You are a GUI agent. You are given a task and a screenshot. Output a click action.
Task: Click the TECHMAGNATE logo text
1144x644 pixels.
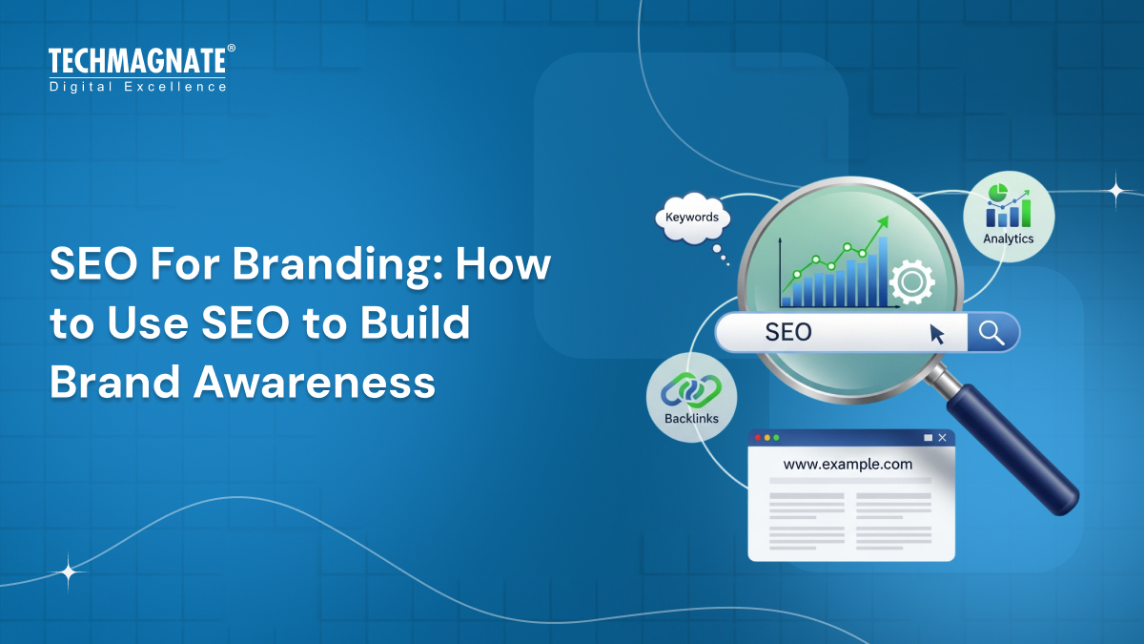pyautogui.click(x=137, y=63)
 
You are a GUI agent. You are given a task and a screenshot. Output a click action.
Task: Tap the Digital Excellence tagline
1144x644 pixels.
pyautogui.click(x=137, y=87)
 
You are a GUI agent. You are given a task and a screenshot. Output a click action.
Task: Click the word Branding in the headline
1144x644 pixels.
pyautogui.click(x=321, y=264)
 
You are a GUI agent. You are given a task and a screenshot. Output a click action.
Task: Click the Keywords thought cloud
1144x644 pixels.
pyautogui.click(x=692, y=218)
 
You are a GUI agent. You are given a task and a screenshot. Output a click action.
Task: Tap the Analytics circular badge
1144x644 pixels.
pyautogui.click(x=1008, y=217)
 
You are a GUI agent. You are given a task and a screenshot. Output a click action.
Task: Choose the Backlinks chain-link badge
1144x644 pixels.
pyautogui.click(x=691, y=397)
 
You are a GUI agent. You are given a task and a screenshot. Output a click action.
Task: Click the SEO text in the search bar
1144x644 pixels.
pyautogui.click(x=788, y=332)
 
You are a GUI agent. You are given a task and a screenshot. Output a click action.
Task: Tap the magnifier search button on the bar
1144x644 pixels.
pyautogui.click(x=992, y=332)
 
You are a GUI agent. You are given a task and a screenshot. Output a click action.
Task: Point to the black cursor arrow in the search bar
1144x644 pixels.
pyautogui.click(x=937, y=333)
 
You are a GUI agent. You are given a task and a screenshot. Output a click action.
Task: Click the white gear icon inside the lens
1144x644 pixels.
pyautogui.click(x=910, y=282)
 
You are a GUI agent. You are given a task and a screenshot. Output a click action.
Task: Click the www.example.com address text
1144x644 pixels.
pyautogui.click(x=848, y=465)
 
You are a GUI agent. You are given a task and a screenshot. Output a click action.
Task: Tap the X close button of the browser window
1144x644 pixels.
pyautogui.click(x=942, y=438)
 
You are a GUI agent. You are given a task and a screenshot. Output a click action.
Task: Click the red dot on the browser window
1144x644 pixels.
pyautogui.click(x=758, y=438)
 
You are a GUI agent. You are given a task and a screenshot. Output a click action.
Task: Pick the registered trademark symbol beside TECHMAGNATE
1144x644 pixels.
pyautogui.click(x=231, y=48)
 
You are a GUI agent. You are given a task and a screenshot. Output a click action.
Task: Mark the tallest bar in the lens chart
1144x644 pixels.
pyautogui.click(x=883, y=272)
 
